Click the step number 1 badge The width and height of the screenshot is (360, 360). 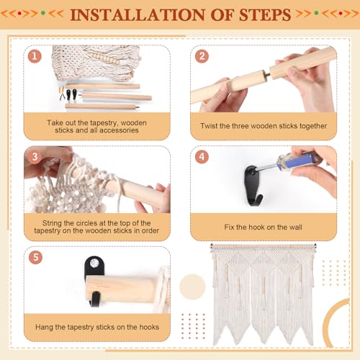click(x=35, y=56)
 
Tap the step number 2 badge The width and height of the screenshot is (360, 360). click(x=202, y=56)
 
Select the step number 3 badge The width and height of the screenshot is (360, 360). click(x=35, y=157)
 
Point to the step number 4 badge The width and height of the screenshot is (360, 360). click(x=202, y=157)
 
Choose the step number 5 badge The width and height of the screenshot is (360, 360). click(x=35, y=257)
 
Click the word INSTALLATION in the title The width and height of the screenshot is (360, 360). click(x=138, y=15)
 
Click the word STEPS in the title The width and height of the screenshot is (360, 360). click(x=265, y=15)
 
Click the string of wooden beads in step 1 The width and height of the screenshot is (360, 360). click(x=107, y=58)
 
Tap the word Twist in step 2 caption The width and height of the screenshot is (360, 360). click(x=207, y=126)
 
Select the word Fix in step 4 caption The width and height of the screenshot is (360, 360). click(x=229, y=227)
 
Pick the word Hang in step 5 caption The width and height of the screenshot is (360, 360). click(x=44, y=327)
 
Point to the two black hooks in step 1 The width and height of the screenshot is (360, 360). click(x=71, y=94)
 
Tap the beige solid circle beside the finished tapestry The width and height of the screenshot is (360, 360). click(x=192, y=287)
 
